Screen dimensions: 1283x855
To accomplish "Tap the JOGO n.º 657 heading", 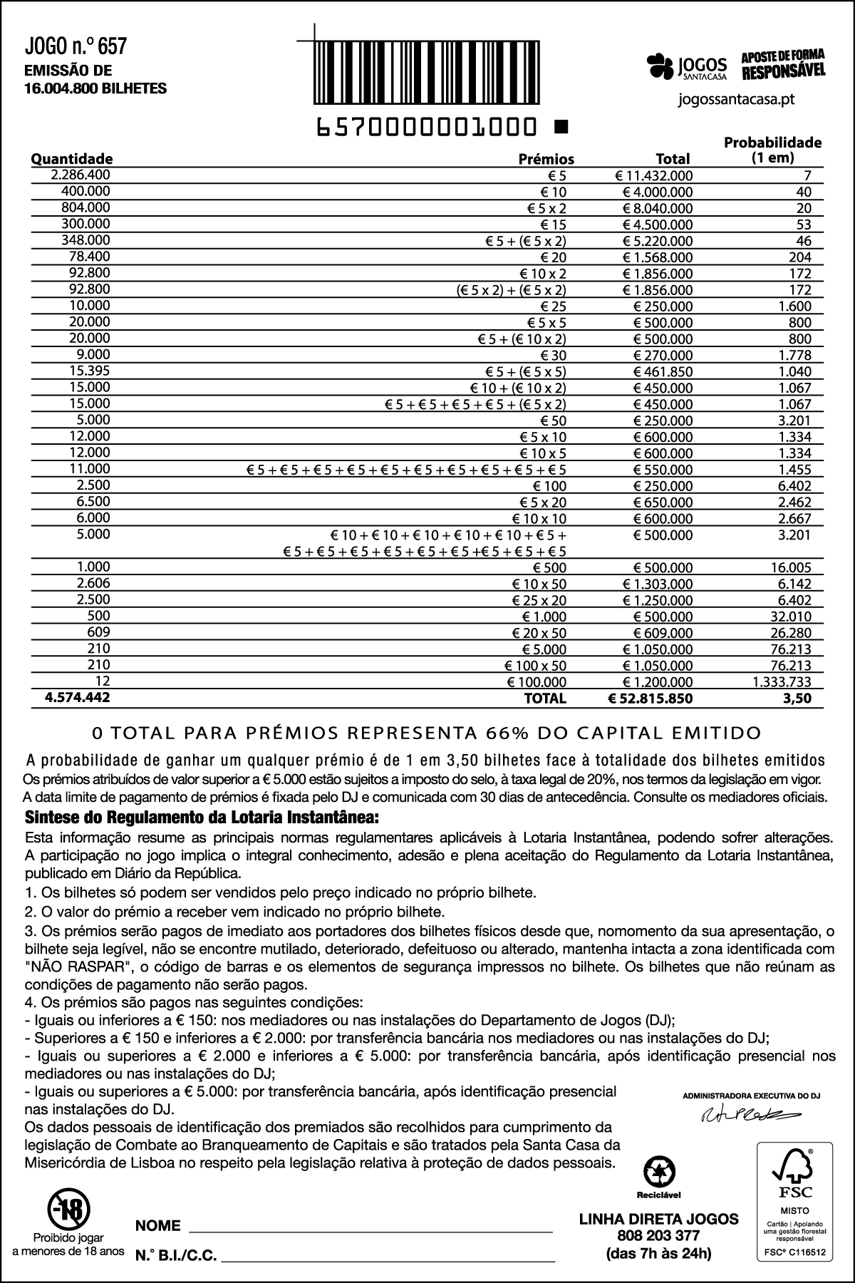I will [76, 47].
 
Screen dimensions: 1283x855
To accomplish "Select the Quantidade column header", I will [71, 159].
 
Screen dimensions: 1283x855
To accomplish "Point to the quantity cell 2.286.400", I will [81, 175].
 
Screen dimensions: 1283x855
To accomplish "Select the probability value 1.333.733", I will [782, 682].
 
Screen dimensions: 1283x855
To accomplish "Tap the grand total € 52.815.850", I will [650, 699].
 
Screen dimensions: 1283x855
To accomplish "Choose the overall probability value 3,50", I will [797, 699].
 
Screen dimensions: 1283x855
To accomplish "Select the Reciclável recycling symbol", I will [659, 1172].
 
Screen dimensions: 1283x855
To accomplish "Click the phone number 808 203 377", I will [659, 1235].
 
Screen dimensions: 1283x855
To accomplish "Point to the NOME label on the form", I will [157, 1226].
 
